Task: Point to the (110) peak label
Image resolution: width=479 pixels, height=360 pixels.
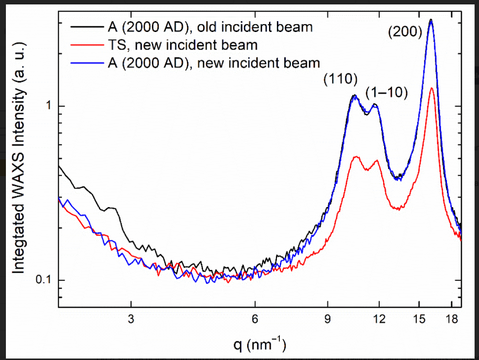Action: [340, 79]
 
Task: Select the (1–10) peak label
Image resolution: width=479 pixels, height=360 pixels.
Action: [387, 93]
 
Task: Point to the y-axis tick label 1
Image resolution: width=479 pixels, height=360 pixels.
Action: [48, 107]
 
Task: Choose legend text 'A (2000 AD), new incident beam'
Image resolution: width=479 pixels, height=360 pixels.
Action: [214, 63]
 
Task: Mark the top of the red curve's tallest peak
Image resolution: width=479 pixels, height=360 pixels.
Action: [431, 89]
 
